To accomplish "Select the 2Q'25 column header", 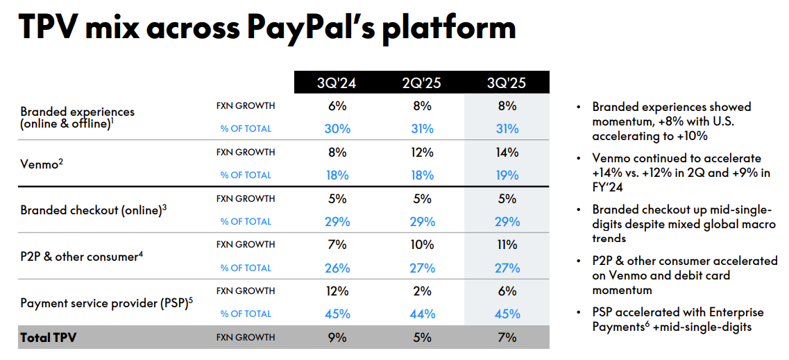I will coord(421,83).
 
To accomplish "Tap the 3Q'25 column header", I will coord(507,83).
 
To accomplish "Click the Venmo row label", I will coord(40,164).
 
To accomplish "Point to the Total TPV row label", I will coord(48,338).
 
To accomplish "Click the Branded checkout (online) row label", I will coord(93,210).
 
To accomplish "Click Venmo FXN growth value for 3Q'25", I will coord(507,152).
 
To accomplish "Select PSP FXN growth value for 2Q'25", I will coord(421,291).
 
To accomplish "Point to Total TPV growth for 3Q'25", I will coord(507,338).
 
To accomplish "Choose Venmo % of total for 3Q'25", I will coord(507,175).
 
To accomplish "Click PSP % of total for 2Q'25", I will coord(421,314).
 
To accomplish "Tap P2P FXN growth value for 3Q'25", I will coord(507,245).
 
